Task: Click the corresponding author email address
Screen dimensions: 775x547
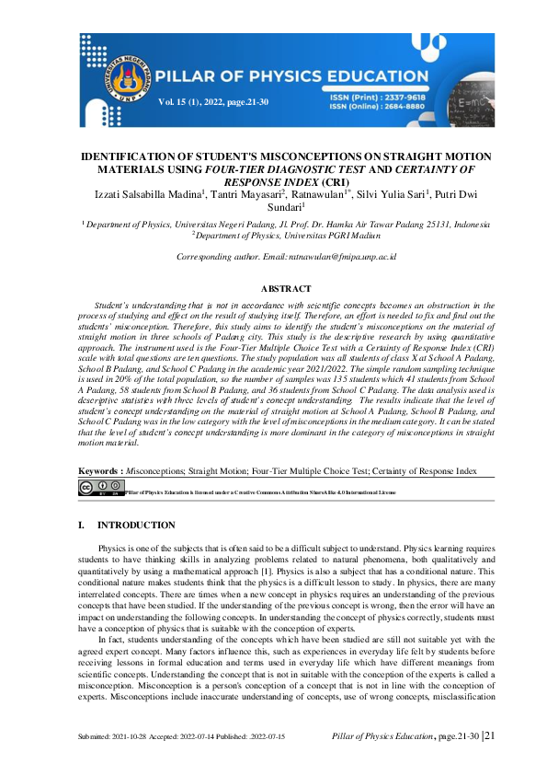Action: pyautogui.click(x=333, y=258)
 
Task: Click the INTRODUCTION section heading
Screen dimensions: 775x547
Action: pyautogui.click(x=136, y=526)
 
